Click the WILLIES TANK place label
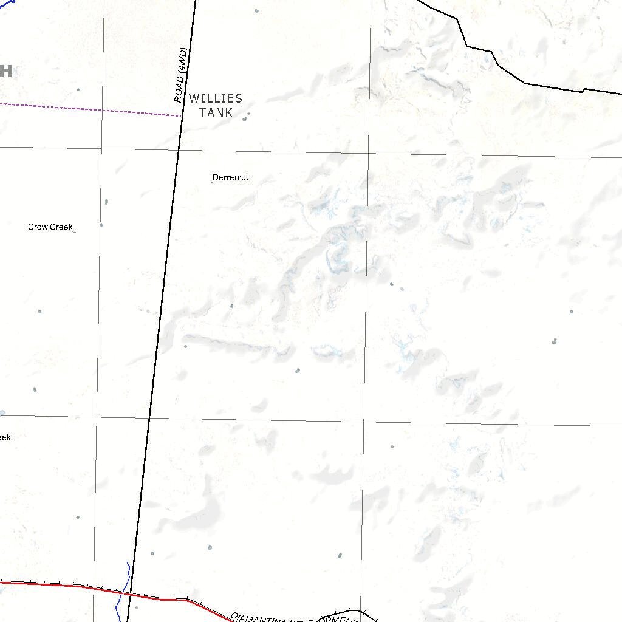coord(216,105)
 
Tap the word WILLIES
coord(216,98)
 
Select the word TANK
coord(216,112)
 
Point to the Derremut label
coord(230,177)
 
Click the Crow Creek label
coord(50,227)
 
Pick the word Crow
coord(38,227)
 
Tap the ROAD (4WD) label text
coord(181,75)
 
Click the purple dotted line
coord(91,109)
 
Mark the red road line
coord(61,585)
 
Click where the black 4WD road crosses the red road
coord(131,593)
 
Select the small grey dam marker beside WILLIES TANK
coord(245,118)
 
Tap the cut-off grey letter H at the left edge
coord(5,71)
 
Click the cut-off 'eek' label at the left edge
coord(5,437)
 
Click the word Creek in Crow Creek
coord(61,227)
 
